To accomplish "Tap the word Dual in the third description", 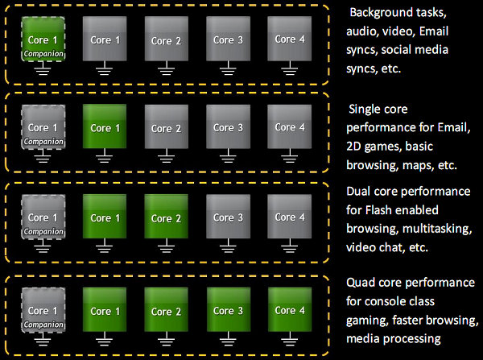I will click(x=360, y=192).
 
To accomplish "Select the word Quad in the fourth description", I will click(x=361, y=283).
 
